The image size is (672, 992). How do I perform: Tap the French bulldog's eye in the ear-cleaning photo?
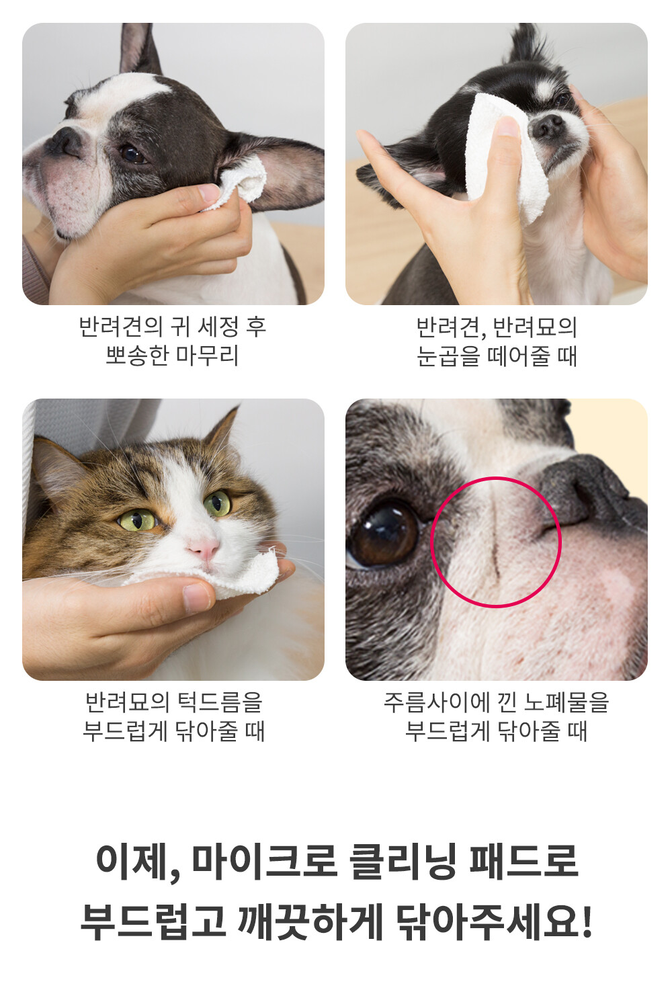pos(133,154)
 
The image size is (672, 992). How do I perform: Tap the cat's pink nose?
pos(203,548)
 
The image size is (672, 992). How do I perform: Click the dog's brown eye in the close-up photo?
pos(383,534)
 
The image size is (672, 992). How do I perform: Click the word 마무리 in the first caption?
pos(207,355)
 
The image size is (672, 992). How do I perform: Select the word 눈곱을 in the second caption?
pos(448,356)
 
